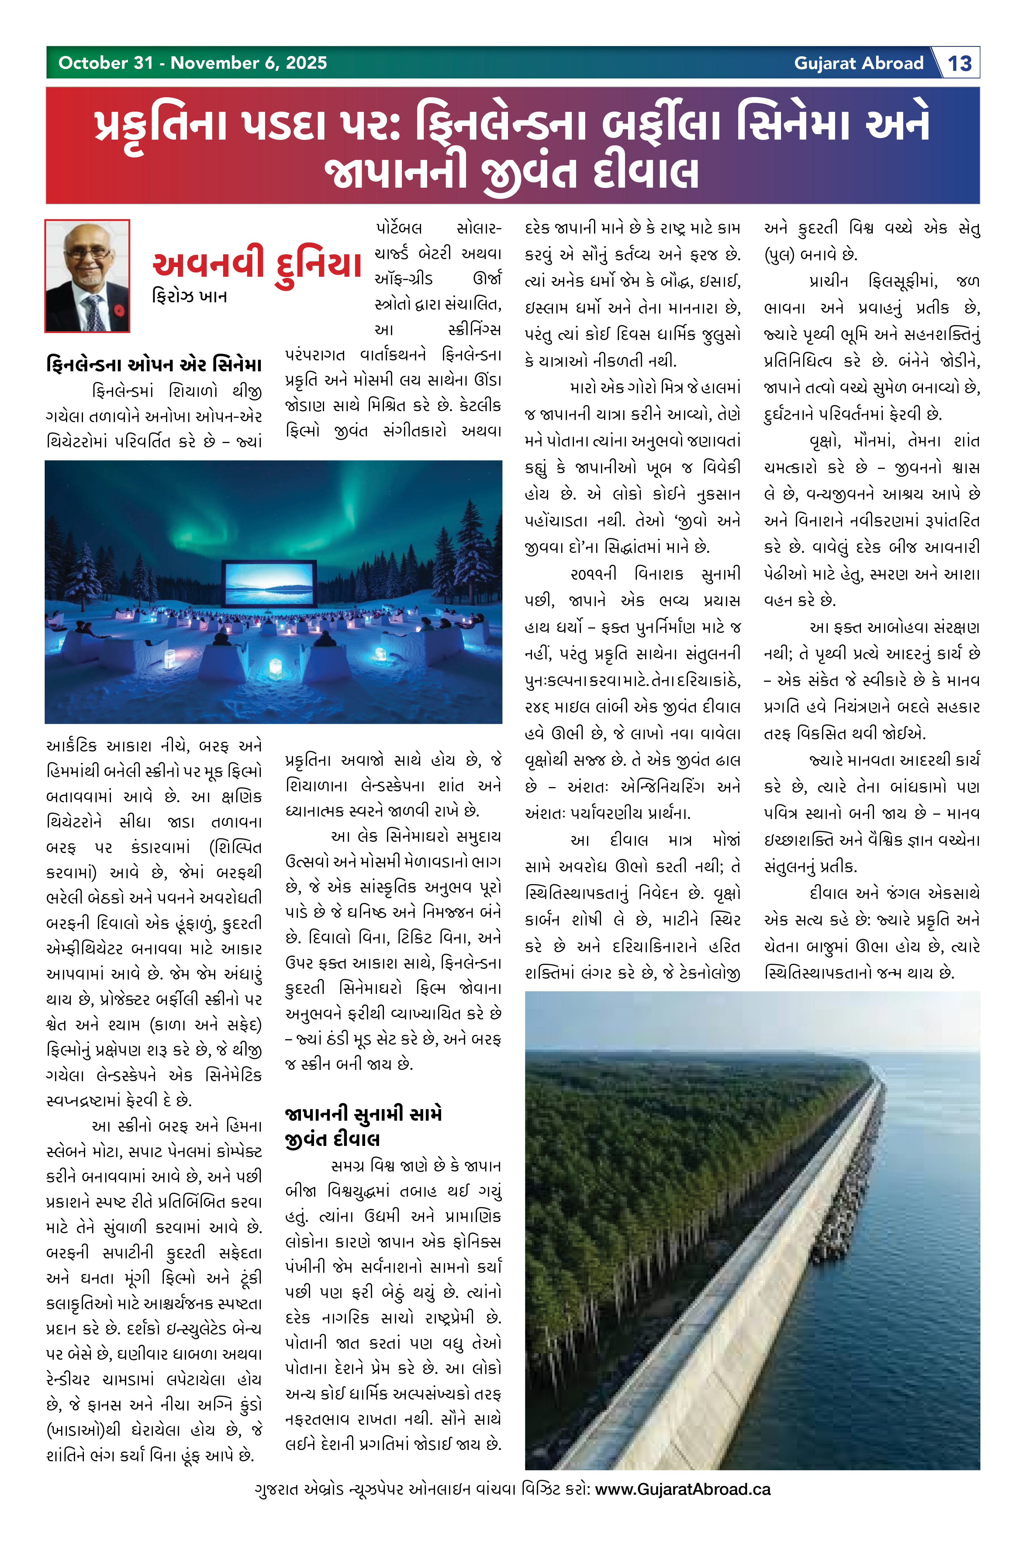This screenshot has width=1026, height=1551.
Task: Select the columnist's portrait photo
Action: (x=87, y=276)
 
